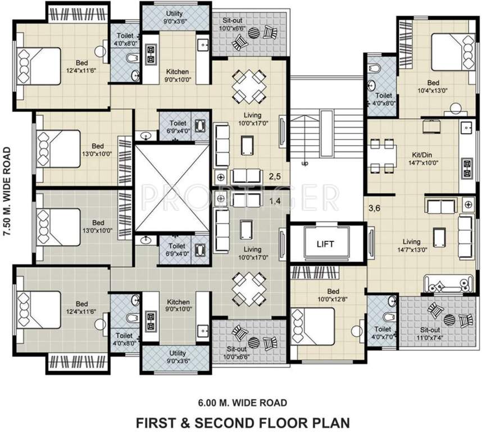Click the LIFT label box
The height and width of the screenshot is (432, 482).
point(325,244)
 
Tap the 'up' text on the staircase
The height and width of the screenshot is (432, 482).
point(305,164)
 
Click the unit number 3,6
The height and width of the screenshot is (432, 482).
point(374,208)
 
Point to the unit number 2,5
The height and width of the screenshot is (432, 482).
point(275,177)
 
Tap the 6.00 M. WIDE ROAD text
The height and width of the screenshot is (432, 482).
point(243,402)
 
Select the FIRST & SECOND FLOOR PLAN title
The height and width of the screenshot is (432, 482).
point(243,421)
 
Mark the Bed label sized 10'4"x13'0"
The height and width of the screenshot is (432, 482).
point(433,86)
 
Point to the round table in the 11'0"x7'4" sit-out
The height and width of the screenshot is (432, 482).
point(449,319)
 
